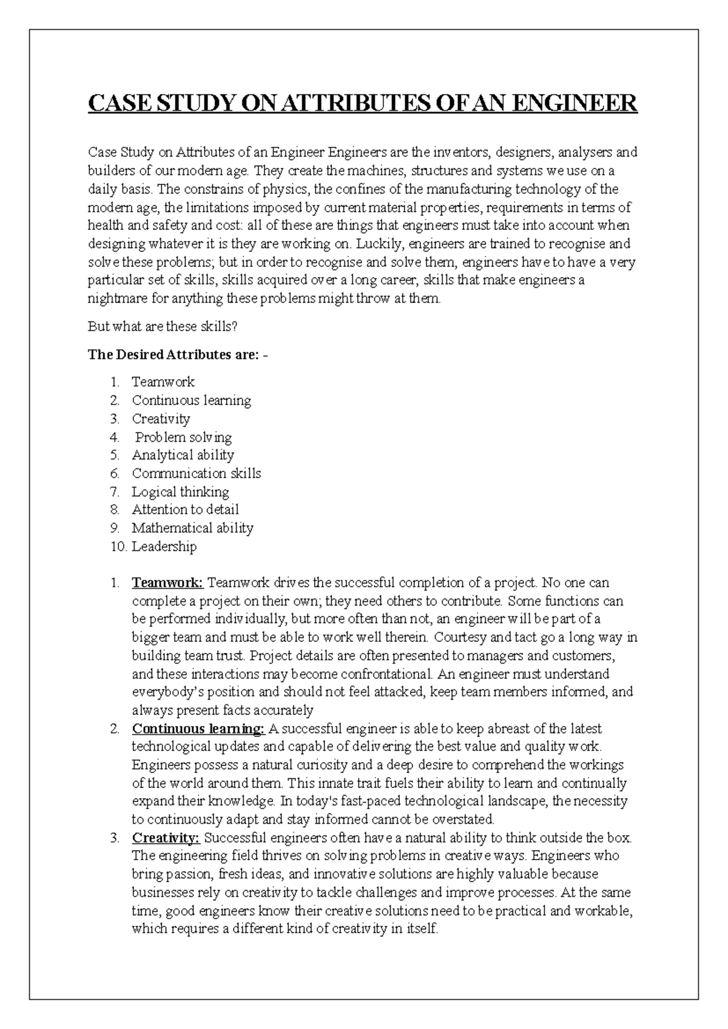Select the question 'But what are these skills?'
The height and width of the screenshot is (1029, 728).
[163, 326]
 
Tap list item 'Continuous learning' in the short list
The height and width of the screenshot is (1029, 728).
[191, 400]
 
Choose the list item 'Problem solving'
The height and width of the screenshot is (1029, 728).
[183, 437]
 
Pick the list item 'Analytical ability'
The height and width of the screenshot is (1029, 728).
[183, 455]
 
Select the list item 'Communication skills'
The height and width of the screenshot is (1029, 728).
[197, 473]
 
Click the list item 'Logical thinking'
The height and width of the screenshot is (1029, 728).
[180, 491]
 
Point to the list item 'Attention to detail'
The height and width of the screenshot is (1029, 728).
[185, 510]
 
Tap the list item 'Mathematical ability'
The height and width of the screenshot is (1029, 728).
[192, 528]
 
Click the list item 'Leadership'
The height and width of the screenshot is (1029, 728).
[164, 547]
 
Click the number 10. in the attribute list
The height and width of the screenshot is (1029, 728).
[118, 547]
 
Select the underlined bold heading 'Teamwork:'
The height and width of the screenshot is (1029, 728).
[167, 583]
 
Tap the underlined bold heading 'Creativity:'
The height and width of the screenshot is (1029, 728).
[166, 838]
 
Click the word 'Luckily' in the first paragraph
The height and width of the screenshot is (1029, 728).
[374, 244]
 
